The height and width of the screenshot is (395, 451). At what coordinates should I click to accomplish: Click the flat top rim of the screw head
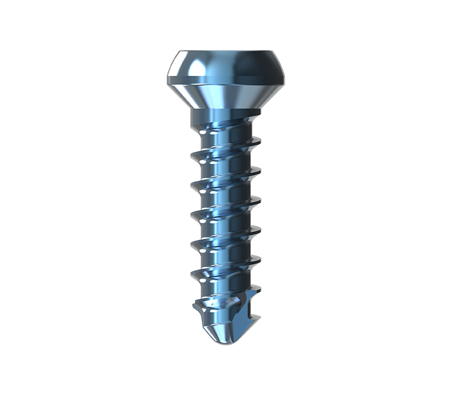pyautogui.click(x=225, y=51)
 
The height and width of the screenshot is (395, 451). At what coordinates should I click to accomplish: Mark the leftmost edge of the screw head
pyautogui.click(x=167, y=79)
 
